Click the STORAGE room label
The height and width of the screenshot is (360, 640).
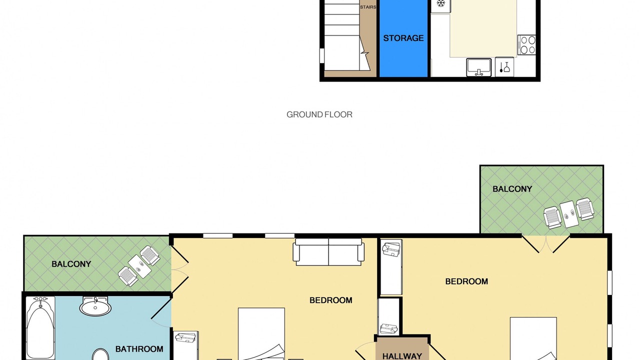pos(403,38)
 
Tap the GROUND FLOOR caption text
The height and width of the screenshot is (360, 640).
pos(319,114)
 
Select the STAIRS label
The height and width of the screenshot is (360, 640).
pos(368,7)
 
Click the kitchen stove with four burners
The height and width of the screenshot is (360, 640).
pos(526,45)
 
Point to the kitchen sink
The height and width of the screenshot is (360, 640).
pos(479,67)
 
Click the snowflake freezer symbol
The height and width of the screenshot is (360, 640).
pos(441,3)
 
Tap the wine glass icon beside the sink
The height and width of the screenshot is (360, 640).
pos(506,67)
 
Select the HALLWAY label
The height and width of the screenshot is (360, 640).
pos(402,356)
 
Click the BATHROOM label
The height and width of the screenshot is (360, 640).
pos(139,349)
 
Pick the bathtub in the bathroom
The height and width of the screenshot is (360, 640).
pos(40,328)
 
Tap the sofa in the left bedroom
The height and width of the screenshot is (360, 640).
pos(328,252)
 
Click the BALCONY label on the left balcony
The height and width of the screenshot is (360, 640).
pos(71,264)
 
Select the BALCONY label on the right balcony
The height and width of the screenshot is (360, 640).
pos(512,189)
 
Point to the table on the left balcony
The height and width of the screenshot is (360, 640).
pos(139,266)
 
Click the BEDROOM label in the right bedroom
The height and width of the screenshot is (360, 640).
pos(466,281)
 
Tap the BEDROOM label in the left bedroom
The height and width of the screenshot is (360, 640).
pos(331,300)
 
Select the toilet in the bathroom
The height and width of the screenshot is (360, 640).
pos(100,354)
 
